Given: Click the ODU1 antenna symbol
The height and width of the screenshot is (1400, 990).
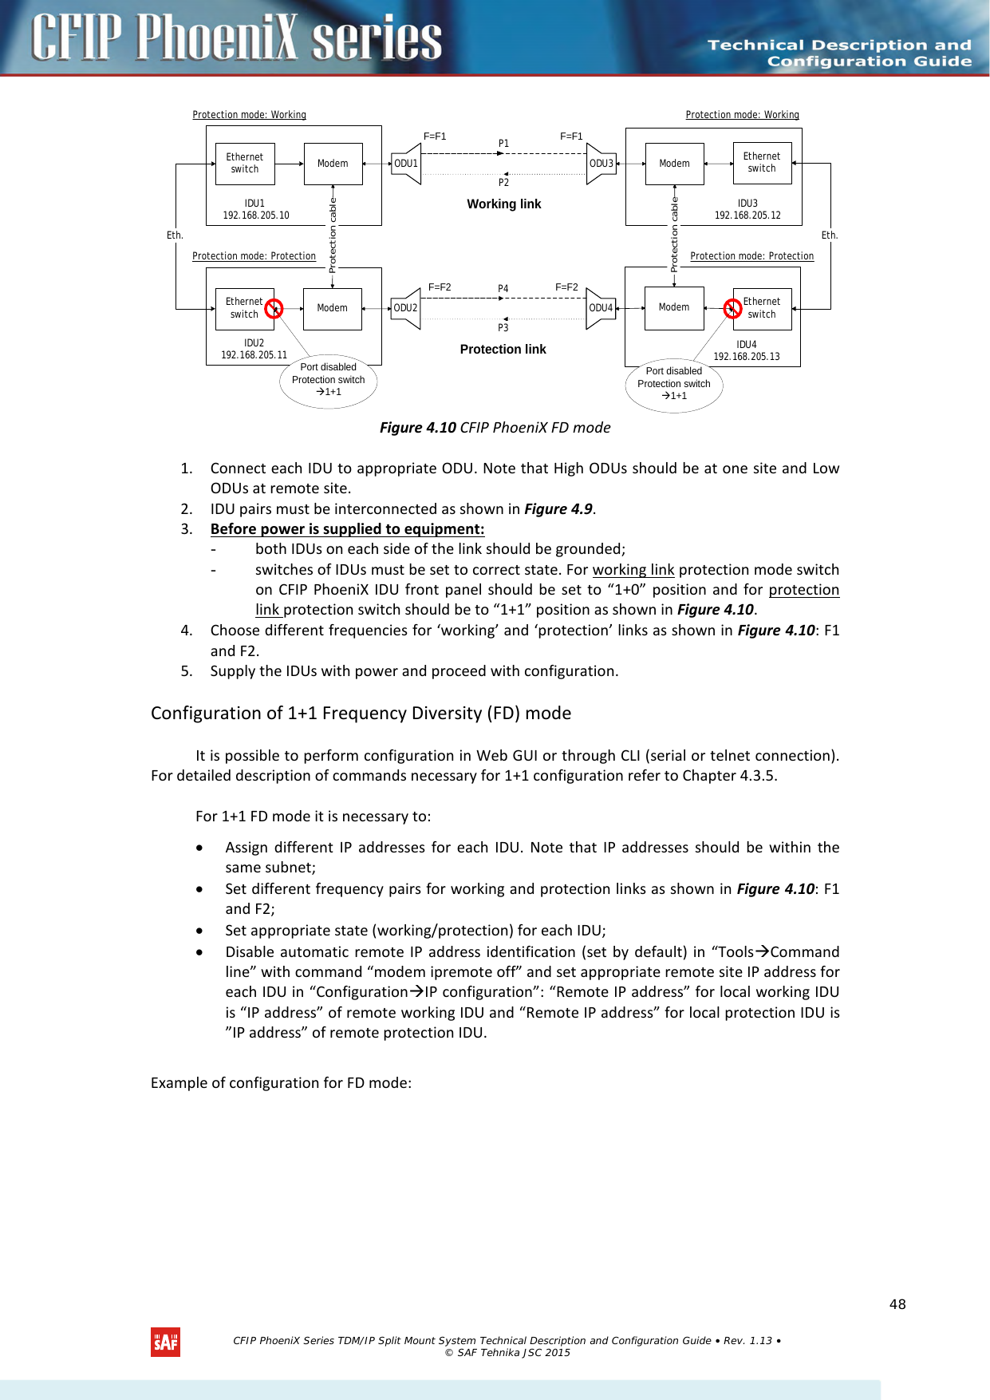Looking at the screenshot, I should [407, 164].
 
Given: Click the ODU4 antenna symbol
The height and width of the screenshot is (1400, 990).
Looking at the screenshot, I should [601, 308].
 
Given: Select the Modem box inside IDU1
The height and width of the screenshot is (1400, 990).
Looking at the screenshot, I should [333, 164].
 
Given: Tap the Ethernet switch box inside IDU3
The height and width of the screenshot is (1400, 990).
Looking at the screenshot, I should [762, 163].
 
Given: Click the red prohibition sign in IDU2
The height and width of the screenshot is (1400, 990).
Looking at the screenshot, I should [274, 308].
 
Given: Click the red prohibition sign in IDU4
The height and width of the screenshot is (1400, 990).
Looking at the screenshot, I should [732, 308].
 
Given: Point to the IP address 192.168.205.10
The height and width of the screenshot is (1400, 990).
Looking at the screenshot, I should [256, 216].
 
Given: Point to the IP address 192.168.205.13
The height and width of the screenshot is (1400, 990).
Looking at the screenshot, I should [747, 357].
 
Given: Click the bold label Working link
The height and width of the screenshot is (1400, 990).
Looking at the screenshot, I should [503, 204].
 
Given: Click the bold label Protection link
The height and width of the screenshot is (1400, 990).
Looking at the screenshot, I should [503, 350].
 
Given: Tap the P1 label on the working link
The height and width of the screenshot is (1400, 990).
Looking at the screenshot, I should [503, 144].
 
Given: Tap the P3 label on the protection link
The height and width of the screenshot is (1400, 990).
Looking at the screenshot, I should [503, 328].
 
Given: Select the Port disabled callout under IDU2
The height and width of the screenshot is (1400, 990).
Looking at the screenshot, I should [328, 380].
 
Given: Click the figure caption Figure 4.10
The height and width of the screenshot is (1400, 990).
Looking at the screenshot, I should [495, 428].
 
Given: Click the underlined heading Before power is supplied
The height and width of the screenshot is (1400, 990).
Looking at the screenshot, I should [347, 529].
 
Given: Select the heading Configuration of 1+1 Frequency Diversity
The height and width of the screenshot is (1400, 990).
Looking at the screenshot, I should [361, 713].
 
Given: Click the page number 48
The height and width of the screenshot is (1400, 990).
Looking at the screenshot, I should [897, 1304].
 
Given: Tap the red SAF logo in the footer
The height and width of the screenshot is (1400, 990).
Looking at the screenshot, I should [165, 1342].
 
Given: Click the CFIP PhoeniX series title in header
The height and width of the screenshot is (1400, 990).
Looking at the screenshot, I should [236, 38].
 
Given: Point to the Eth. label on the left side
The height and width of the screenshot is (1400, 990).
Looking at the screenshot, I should [175, 235].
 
